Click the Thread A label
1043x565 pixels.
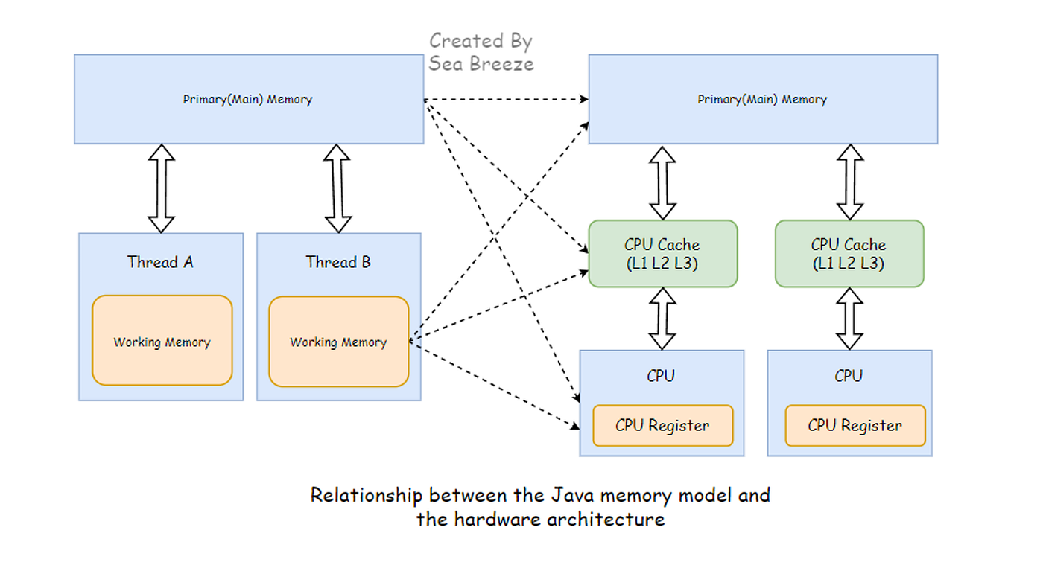point(160,262)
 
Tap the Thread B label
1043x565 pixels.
point(338,262)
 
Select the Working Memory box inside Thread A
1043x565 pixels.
point(162,340)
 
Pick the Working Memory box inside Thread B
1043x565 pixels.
point(338,342)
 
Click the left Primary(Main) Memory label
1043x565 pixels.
point(247,99)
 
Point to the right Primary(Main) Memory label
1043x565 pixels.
point(762,99)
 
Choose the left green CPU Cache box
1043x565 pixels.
point(663,254)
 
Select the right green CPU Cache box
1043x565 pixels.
point(850,254)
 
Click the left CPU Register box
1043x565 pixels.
point(663,425)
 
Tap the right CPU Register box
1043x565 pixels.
point(855,425)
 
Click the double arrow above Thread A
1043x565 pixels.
point(161,188)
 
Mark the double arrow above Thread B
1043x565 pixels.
point(337,188)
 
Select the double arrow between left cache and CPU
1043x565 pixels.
point(662,319)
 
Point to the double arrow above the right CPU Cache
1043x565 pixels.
point(850,182)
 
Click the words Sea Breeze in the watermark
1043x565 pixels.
point(481,64)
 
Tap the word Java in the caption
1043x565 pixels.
point(573,495)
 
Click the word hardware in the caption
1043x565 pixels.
point(498,520)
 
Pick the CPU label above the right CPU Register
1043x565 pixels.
point(849,376)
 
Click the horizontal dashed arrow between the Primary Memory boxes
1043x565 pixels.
point(506,99)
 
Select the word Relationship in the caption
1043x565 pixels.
point(367,496)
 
